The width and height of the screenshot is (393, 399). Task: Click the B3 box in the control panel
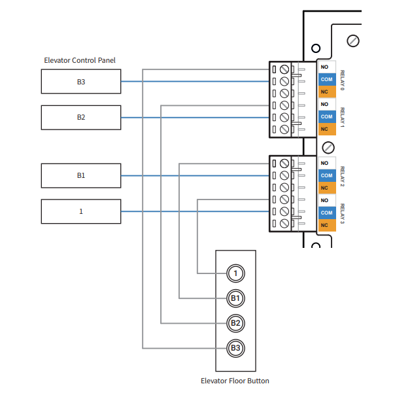[80, 82]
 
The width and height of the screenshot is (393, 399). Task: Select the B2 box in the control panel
[80, 118]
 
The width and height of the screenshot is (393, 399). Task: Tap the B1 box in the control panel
[80, 176]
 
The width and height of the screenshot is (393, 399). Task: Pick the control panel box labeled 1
[80, 211]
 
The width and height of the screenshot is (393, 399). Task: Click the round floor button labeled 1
[235, 273]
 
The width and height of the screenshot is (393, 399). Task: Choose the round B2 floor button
[235, 323]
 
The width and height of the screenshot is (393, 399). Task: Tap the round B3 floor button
[235, 347]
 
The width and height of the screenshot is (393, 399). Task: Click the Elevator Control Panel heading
[80, 60]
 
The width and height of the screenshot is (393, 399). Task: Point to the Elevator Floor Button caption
[235, 381]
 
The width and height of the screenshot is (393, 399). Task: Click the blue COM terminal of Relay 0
[326, 79]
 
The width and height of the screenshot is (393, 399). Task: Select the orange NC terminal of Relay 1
[326, 129]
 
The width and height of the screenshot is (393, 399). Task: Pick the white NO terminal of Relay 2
[326, 164]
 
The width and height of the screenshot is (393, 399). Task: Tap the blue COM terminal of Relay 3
[326, 213]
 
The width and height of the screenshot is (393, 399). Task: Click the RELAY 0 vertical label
[342, 79]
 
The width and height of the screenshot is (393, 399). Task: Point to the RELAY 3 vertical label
[342, 213]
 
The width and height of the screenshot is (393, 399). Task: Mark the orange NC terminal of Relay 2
[326, 188]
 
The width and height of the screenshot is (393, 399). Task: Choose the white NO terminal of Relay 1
[326, 104]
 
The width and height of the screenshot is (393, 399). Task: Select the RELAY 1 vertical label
[342, 116]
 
